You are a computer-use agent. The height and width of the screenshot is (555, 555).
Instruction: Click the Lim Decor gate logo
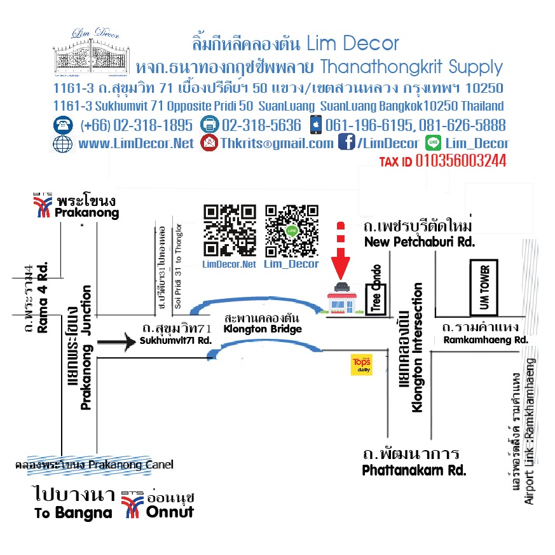(x=89, y=51)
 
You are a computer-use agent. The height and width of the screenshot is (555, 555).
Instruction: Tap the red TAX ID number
(x=461, y=161)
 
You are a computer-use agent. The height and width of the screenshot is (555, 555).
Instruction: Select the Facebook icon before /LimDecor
(x=346, y=143)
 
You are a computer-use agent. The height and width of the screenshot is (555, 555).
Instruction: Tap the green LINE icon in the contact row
(x=434, y=143)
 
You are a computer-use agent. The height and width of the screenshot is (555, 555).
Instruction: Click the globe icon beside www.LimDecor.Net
(x=63, y=144)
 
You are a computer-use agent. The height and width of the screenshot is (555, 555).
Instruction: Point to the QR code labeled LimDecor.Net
(x=230, y=230)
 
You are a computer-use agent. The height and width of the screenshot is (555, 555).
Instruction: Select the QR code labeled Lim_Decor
(x=292, y=230)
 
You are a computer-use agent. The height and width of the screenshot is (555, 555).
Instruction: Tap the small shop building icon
(x=341, y=299)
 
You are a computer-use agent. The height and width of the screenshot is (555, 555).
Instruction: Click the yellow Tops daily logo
(x=362, y=366)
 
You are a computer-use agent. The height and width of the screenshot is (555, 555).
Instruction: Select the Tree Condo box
(x=376, y=291)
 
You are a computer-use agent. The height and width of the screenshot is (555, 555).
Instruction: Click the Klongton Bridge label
(x=263, y=329)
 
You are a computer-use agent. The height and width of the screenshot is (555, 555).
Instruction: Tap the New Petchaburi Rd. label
(x=419, y=242)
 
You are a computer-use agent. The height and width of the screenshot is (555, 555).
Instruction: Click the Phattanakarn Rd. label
(x=414, y=470)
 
